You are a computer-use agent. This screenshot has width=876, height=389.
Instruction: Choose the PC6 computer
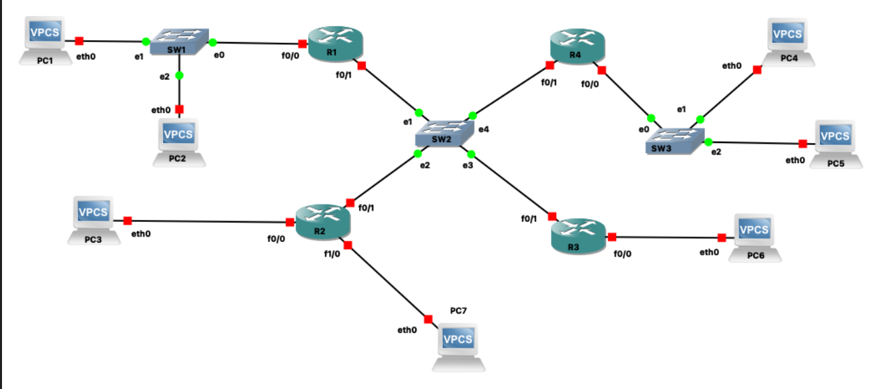[754, 234]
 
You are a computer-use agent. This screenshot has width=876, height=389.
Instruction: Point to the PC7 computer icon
[459, 344]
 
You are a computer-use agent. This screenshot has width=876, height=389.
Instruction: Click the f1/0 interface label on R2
[333, 254]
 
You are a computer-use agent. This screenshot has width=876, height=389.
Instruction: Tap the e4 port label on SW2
[483, 128]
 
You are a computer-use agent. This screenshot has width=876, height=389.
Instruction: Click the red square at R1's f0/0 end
[302, 44]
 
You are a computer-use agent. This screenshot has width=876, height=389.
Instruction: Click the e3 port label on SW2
[467, 165]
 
